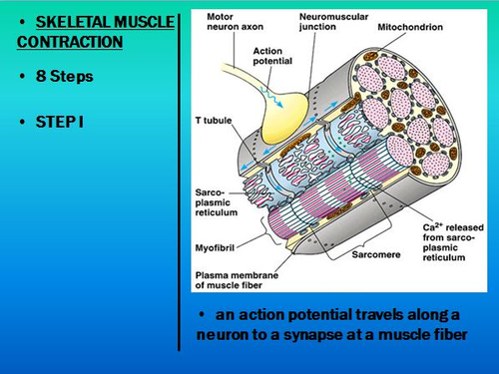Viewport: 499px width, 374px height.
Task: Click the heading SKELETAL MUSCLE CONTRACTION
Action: (x=95, y=31)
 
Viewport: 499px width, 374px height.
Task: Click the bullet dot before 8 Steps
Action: (x=24, y=77)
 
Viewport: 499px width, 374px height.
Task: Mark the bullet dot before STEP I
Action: (x=24, y=123)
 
